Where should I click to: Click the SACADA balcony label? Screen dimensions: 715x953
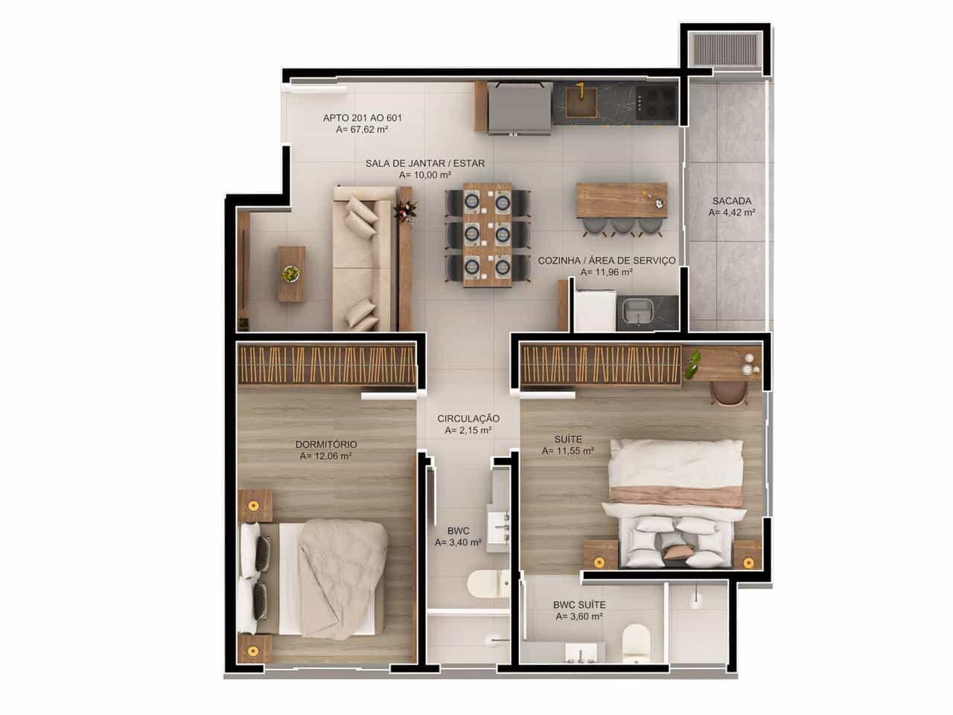tap(731, 200)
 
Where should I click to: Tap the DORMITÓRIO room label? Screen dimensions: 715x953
tap(325, 445)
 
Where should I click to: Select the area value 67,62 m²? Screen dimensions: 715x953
tap(362, 130)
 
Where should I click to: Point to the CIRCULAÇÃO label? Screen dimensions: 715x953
tap(468, 419)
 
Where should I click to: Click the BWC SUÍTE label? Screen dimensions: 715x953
tap(579, 606)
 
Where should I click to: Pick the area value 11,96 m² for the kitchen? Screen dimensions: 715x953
tap(606, 273)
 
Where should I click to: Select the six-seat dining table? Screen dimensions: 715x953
tap(488, 235)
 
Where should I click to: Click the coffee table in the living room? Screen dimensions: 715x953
tap(291, 274)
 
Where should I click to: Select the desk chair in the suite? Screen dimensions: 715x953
tap(727, 393)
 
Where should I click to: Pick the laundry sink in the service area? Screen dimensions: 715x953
tap(637, 313)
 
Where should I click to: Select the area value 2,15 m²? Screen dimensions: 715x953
tap(468, 430)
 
